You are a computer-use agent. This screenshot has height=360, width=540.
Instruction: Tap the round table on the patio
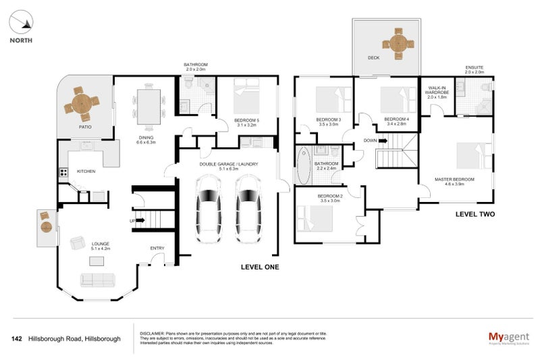(80, 105)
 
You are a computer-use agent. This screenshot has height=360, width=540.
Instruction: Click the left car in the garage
(209, 210)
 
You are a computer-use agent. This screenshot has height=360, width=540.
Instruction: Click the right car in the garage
(248, 210)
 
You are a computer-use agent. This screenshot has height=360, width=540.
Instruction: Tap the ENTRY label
(157, 248)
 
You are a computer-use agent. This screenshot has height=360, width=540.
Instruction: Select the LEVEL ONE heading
(260, 267)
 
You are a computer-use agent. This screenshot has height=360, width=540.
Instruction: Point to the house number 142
(18, 338)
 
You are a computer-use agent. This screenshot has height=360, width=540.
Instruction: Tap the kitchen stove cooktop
(64, 172)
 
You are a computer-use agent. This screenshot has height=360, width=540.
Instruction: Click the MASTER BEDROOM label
(454, 179)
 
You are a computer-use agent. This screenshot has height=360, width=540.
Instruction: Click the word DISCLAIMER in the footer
(152, 334)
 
